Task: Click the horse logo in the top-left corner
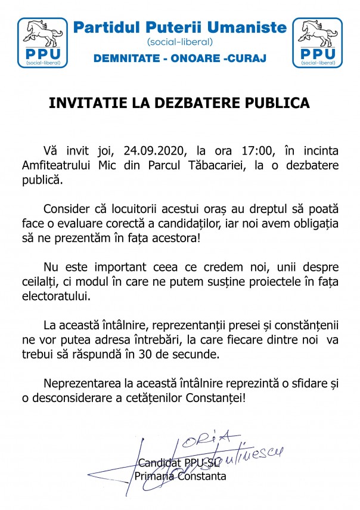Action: pos(43,42)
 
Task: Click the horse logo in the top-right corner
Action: pos(317,42)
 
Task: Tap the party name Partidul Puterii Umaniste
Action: pos(179,27)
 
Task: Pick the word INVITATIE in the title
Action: pos(82,102)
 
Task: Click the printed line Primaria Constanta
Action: pos(180,476)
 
